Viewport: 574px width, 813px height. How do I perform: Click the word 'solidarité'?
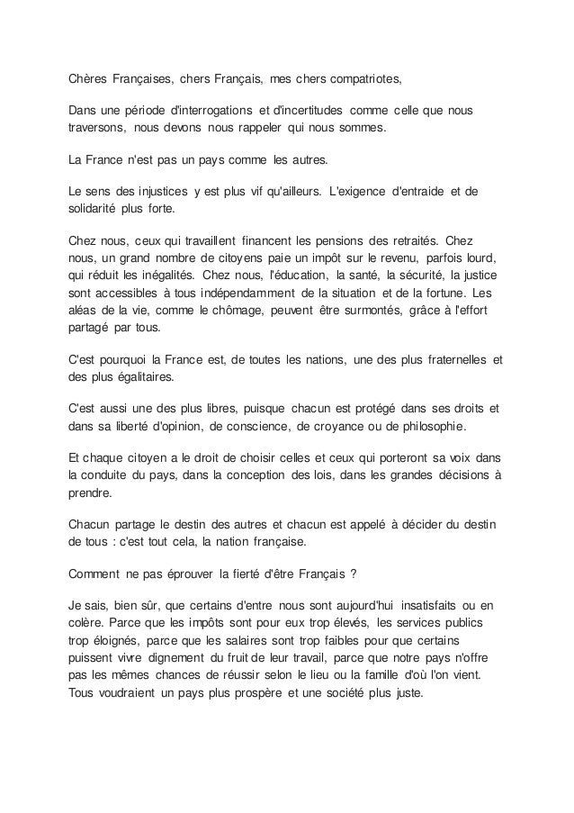(97, 208)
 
